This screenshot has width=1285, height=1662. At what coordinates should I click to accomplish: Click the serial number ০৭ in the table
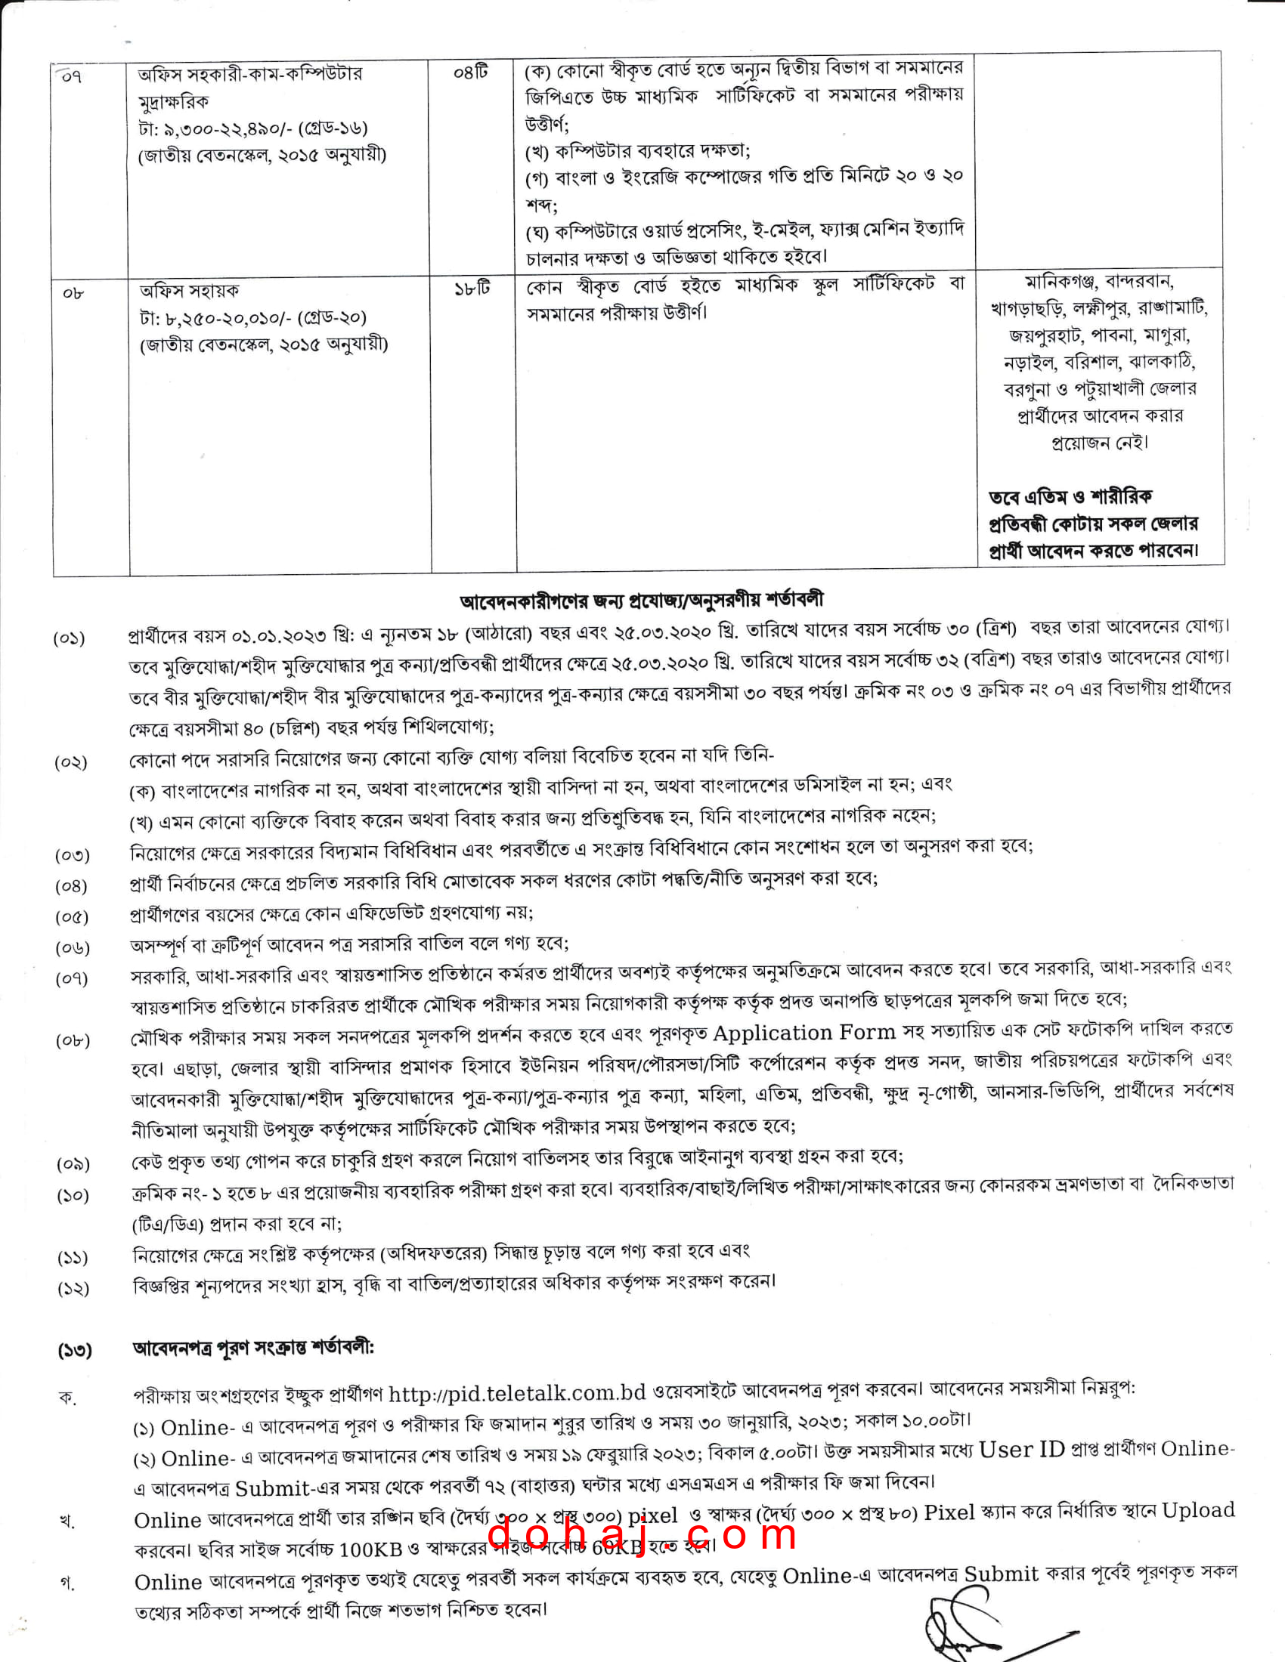(71, 77)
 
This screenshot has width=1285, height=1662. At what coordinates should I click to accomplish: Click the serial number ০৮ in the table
(73, 294)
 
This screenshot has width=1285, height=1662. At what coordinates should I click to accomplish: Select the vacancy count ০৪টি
(470, 73)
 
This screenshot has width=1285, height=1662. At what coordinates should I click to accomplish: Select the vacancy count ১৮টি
(472, 289)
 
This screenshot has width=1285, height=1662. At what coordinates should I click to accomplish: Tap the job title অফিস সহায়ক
(189, 291)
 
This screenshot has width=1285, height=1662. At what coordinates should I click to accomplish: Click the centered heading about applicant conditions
(641, 601)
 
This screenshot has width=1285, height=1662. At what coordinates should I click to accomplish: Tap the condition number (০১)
(70, 638)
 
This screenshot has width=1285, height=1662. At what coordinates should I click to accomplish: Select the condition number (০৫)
(72, 917)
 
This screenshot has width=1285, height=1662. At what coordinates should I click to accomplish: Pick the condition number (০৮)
(73, 1040)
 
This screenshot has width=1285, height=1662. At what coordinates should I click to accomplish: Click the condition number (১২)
(73, 1288)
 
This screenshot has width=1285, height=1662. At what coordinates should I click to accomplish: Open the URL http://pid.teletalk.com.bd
(517, 1392)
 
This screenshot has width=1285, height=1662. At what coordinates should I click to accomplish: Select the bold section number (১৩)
(75, 1350)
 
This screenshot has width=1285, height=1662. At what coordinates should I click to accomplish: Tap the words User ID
(1021, 1449)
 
